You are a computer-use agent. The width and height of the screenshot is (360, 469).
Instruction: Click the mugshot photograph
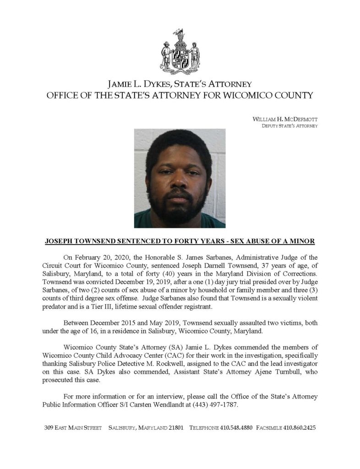pyautogui.click(x=180, y=178)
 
